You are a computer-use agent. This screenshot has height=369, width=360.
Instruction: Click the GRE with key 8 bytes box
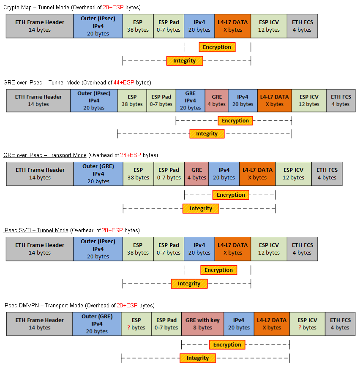click(x=202, y=324)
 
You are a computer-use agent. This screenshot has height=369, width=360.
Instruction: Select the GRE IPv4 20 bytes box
click(x=190, y=100)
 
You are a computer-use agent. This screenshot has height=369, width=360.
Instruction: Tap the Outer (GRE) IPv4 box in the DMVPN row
click(x=97, y=324)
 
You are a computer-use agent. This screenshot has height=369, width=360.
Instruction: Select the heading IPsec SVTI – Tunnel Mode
click(x=35, y=230)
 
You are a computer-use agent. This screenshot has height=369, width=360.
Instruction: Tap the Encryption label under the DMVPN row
click(x=227, y=345)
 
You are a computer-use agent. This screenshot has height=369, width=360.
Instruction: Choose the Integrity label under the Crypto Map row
click(x=184, y=61)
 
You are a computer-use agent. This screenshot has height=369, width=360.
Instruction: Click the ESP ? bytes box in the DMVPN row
click(x=136, y=324)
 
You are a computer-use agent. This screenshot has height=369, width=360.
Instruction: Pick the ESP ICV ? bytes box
click(x=307, y=324)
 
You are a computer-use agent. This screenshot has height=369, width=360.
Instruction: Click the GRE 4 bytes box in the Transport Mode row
click(x=196, y=174)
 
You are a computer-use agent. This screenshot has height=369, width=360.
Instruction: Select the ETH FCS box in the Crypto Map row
click(x=302, y=26)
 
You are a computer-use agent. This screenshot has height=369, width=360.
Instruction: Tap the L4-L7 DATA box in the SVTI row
click(x=232, y=249)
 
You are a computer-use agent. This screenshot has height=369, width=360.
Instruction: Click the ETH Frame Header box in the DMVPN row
click(x=39, y=324)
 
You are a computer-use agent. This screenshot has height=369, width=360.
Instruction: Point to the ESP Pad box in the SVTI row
click(x=169, y=249)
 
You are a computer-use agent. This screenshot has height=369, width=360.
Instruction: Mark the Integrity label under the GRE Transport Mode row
click(x=201, y=209)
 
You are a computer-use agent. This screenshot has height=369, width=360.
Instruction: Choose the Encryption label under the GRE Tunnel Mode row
click(x=235, y=121)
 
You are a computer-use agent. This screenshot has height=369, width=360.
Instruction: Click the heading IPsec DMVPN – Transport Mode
click(x=43, y=305)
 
